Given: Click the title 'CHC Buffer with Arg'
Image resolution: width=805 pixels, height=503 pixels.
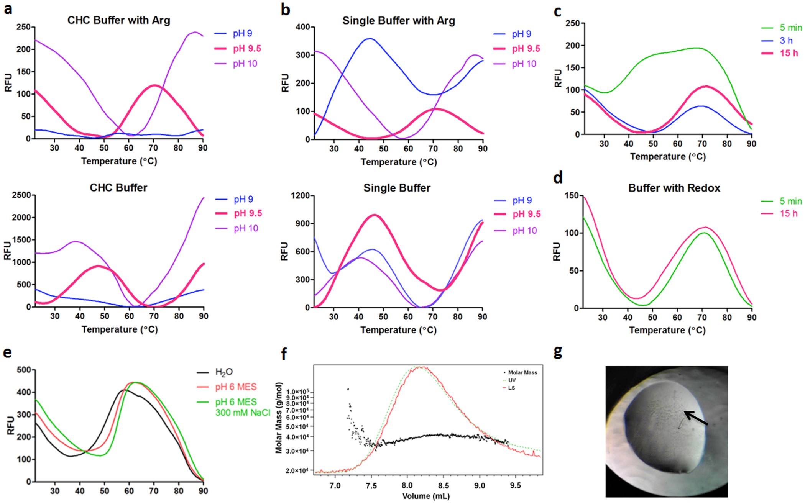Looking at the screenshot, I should click(x=118, y=20).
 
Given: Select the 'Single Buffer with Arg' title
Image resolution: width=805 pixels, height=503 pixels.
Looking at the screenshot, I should click(x=398, y=20).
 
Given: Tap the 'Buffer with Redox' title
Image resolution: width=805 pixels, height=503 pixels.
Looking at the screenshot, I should click(x=674, y=188).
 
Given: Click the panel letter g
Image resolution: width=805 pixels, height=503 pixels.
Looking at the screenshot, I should click(x=558, y=352).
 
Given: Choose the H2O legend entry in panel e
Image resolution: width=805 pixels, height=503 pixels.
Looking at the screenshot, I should click(x=224, y=372).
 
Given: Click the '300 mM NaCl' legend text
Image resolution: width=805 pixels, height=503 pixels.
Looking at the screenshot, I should click(x=243, y=413).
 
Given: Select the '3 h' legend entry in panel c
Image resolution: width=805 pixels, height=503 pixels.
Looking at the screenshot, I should click(x=786, y=41).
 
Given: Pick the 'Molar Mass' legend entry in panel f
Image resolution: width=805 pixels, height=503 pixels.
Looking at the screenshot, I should click(x=522, y=372).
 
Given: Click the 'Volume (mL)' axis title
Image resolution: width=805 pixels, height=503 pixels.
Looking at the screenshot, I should click(x=426, y=496).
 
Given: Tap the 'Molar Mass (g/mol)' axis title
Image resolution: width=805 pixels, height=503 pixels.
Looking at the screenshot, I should click(x=279, y=418).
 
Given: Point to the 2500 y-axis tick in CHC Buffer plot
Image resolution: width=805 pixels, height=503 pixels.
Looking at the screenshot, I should click(x=21, y=195).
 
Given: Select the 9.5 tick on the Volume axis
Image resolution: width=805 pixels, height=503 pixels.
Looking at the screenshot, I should click(x=515, y=486).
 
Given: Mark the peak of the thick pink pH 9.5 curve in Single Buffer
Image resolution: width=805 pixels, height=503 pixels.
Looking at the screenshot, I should click(x=375, y=215).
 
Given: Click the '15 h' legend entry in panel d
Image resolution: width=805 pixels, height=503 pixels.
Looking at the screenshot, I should click(x=789, y=213).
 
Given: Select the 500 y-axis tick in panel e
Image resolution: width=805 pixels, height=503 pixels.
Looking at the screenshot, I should click(x=24, y=370).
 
